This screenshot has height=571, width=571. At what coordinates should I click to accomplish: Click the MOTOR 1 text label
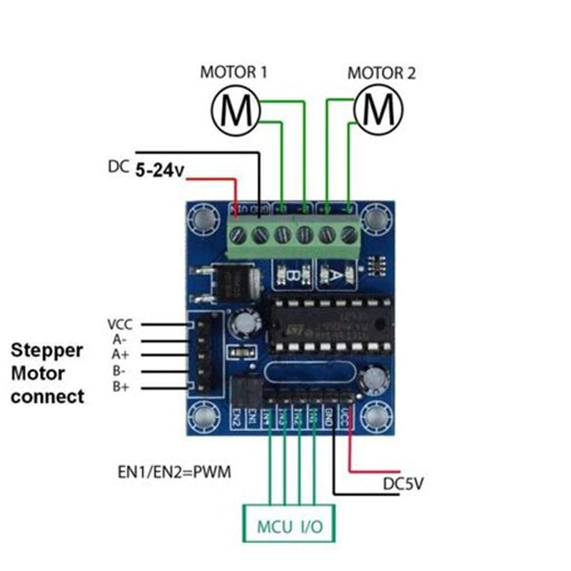[233, 72]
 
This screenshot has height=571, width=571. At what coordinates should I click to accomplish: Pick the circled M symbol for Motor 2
[378, 109]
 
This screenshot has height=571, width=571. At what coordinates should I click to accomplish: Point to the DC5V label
[404, 484]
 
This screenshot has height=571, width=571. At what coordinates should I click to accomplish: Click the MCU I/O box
[289, 525]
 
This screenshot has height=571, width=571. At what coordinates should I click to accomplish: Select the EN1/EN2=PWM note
[174, 473]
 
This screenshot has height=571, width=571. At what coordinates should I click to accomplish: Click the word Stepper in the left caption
[47, 350]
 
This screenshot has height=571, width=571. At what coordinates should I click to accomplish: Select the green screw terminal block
[293, 235]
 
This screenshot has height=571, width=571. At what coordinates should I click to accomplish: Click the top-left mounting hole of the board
[205, 217]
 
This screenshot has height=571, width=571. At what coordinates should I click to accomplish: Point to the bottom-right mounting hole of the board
[378, 419]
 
